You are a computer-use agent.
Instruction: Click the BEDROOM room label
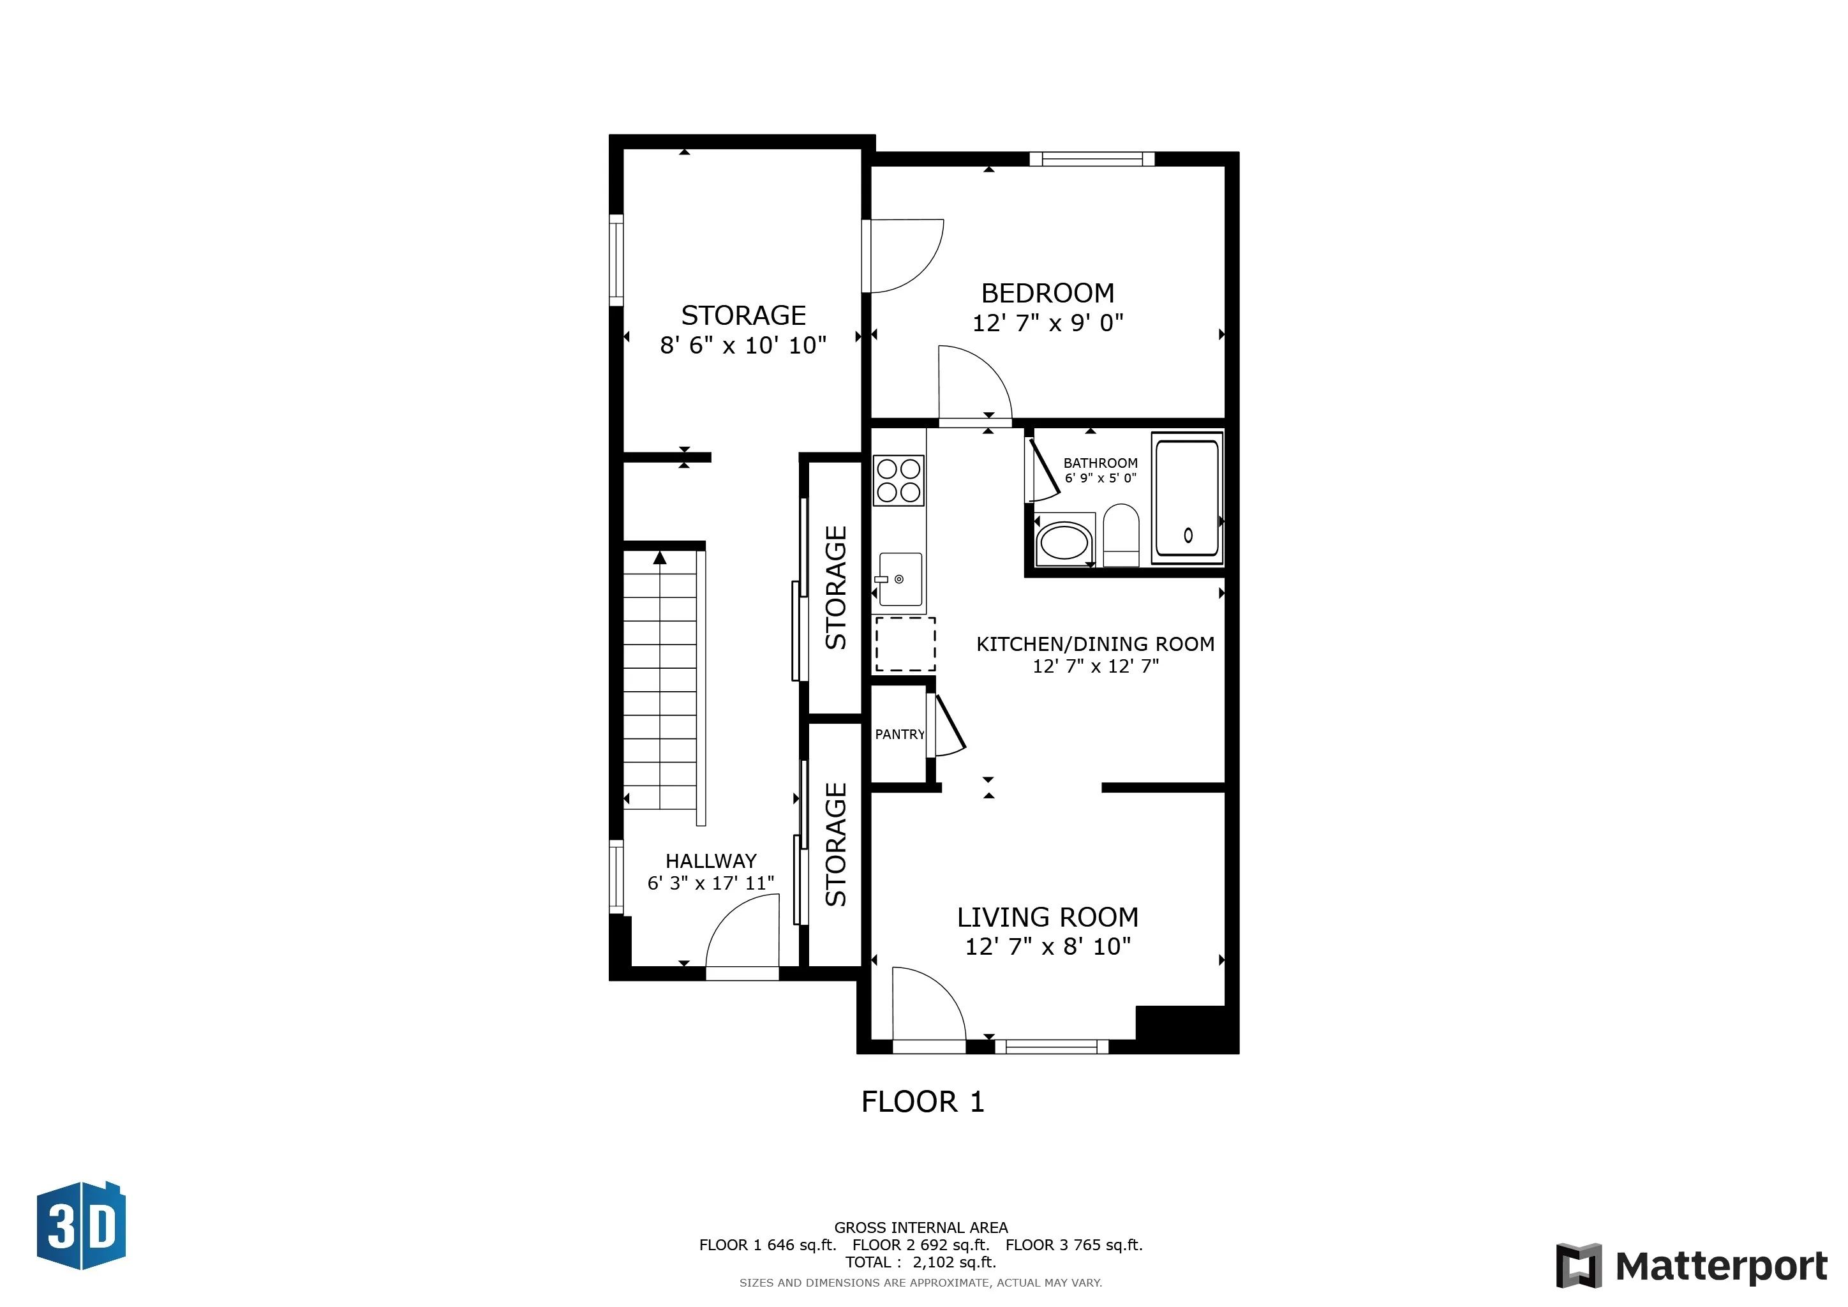tap(1047, 293)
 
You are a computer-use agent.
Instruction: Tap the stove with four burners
tap(898, 481)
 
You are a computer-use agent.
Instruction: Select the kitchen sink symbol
tap(900, 579)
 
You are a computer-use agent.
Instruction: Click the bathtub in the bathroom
tap(1187, 498)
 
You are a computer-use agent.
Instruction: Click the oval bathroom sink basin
tap(1064, 542)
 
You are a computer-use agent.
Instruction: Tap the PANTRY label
tap(899, 734)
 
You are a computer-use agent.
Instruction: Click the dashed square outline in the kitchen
tap(905, 644)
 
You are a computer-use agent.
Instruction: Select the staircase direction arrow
tap(660, 557)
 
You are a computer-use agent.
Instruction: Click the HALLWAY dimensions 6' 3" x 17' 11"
tap(711, 883)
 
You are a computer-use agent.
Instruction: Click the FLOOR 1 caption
tap(922, 1102)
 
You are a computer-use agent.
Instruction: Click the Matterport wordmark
tap(1721, 1267)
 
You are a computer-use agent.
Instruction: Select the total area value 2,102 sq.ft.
tap(954, 1262)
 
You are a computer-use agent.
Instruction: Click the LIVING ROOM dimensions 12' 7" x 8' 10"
tap(1047, 946)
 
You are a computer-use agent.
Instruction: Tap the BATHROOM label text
tap(1100, 463)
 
